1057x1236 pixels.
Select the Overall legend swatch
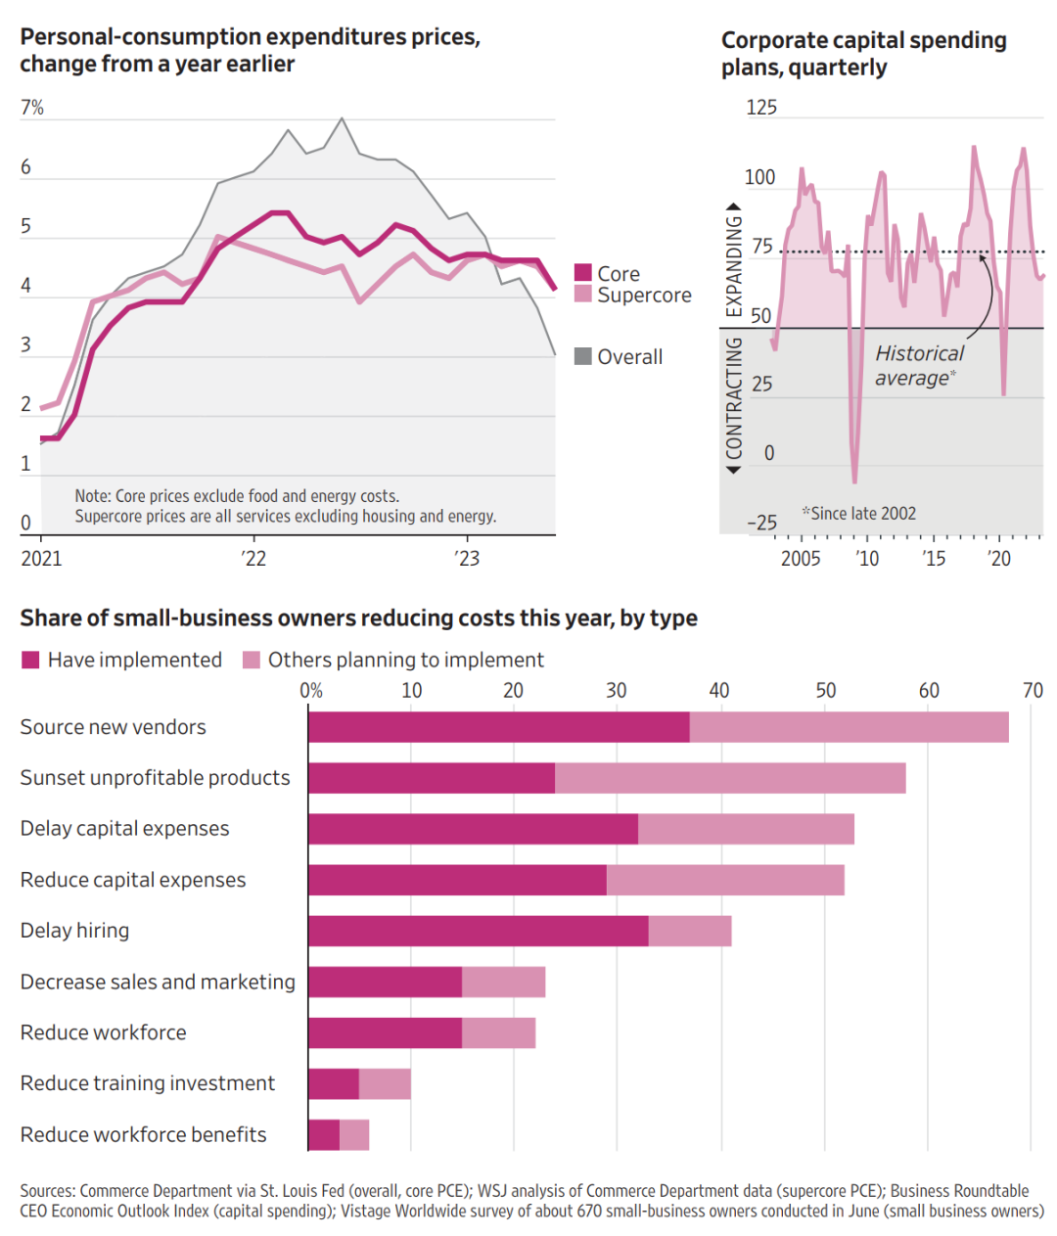[583, 356]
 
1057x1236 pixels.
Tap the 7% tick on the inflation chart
[32, 108]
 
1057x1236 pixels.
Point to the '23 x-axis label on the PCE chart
[467, 558]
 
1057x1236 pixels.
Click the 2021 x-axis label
[41, 559]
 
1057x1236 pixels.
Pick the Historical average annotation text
[917, 366]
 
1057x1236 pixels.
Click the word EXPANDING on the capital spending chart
[733, 265]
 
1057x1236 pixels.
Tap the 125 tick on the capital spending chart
[761, 108]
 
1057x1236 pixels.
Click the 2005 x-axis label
[801, 559]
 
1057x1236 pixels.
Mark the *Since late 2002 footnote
[858, 514]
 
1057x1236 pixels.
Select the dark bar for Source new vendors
[499, 727]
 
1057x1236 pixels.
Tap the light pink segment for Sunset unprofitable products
[730, 778]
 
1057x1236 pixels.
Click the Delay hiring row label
[75, 931]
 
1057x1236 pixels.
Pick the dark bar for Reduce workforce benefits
[324, 1135]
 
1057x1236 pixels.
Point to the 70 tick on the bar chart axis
[1033, 691]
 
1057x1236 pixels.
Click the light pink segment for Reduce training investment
[385, 1084]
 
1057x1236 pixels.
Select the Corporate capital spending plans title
[863, 54]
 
